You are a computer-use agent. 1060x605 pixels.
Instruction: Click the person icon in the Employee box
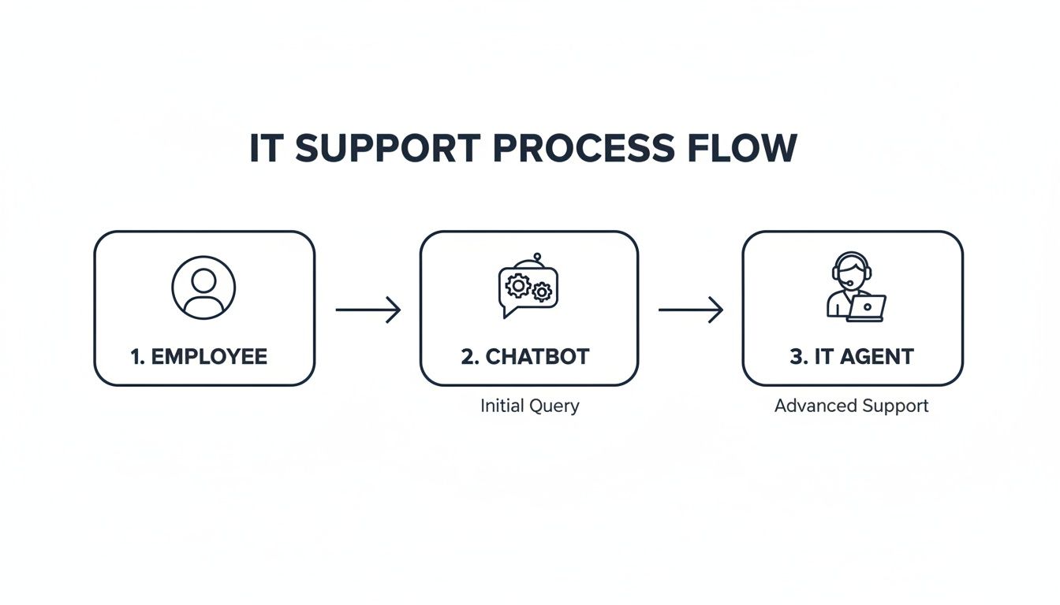click(203, 288)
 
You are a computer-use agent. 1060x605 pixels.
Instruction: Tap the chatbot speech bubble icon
click(528, 288)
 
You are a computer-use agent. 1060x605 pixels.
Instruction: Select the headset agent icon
click(854, 288)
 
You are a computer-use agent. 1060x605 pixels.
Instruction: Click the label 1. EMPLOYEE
click(199, 356)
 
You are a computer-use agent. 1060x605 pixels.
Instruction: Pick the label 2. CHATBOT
click(525, 356)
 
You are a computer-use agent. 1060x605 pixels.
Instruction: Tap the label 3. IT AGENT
click(852, 356)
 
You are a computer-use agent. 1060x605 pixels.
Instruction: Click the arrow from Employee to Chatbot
click(368, 310)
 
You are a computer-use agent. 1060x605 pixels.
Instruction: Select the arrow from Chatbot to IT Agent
click(690, 310)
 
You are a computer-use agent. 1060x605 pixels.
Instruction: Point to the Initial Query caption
click(529, 406)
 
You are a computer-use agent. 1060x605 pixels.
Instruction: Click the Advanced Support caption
click(852, 406)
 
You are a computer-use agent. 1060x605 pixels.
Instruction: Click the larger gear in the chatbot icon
click(517, 284)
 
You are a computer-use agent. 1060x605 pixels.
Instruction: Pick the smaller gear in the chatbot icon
click(542, 292)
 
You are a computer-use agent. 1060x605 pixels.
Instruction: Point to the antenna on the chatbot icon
click(536, 257)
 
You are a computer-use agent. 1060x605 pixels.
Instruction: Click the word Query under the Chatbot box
click(554, 406)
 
